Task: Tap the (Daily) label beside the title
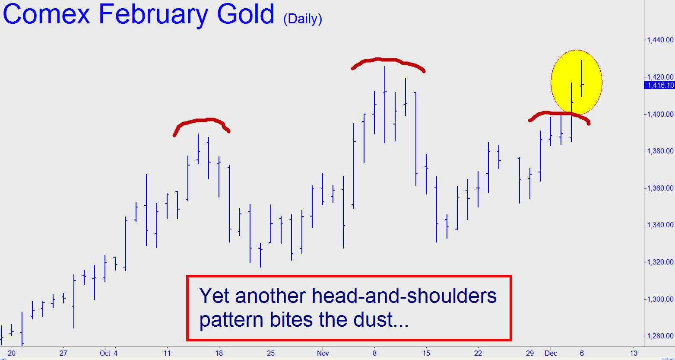point(303,19)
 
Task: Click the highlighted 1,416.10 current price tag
point(659,85)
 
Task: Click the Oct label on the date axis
point(105,353)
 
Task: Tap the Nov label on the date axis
point(323,353)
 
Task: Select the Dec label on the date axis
point(551,353)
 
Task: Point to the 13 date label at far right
point(634,353)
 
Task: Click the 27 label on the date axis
point(63,353)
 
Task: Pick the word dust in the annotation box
point(377,320)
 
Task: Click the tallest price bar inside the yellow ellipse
point(582,78)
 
